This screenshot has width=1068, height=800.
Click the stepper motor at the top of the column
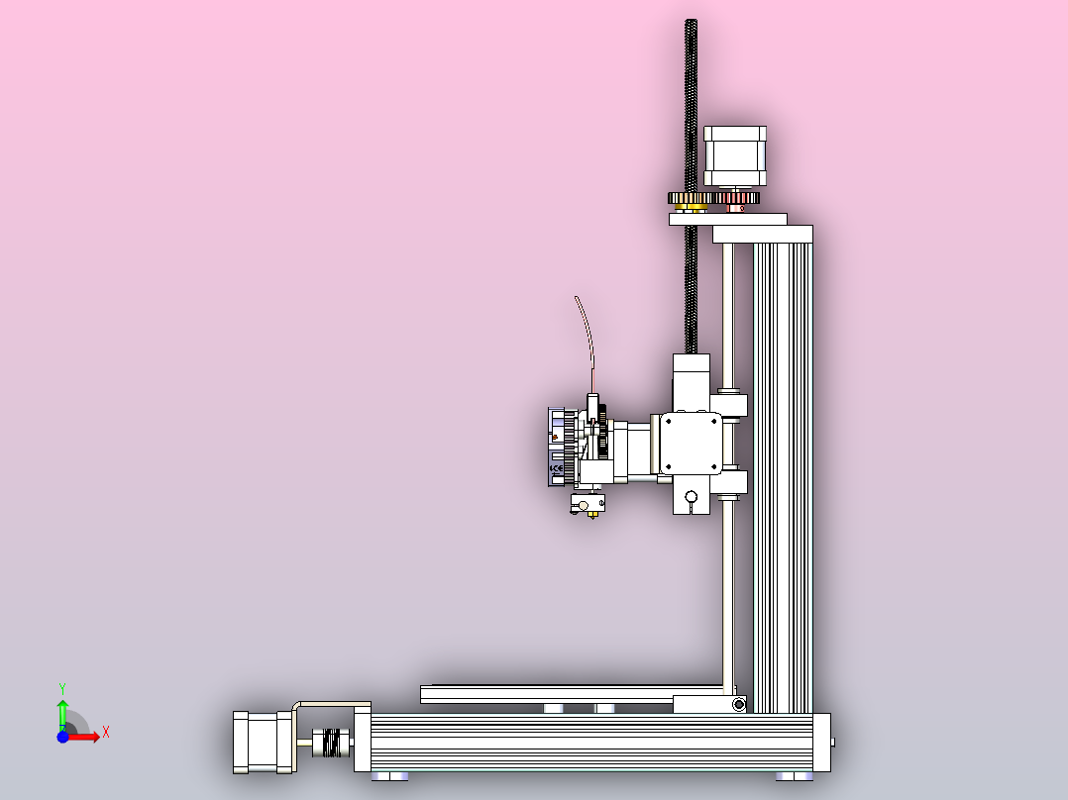tap(734, 155)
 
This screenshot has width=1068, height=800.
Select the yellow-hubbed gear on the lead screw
tap(690, 201)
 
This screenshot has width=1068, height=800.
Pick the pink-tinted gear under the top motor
tap(735, 201)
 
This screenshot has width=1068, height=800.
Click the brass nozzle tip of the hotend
tap(593, 517)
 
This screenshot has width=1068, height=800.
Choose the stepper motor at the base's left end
tap(262, 742)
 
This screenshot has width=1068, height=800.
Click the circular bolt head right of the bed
tap(738, 704)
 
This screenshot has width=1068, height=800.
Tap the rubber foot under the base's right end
tap(795, 776)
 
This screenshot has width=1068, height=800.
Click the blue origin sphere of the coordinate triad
tap(62, 737)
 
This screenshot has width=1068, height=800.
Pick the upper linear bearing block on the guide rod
tap(731, 405)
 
